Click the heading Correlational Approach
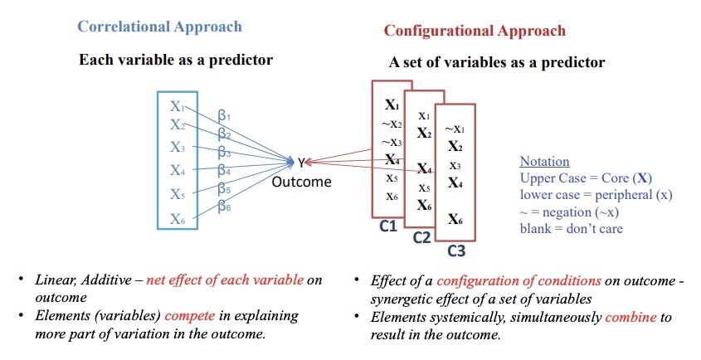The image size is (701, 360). point(159,27)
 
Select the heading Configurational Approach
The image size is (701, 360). point(474,31)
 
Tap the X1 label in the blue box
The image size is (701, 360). point(177,106)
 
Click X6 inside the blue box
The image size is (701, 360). point(177,219)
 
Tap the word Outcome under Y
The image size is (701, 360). point(301,182)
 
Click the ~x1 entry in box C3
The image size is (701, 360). point(454,129)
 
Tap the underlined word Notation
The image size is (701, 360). point(544,161)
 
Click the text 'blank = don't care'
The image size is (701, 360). point(571,228)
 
